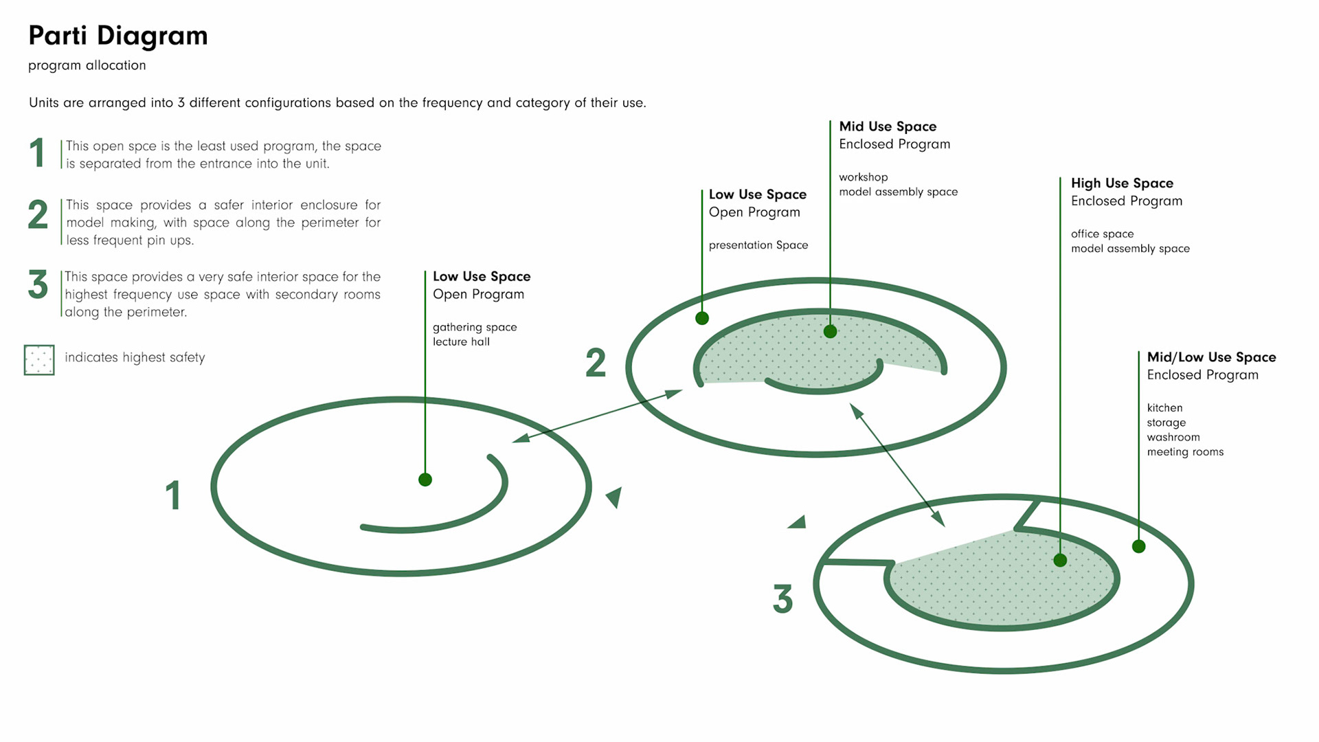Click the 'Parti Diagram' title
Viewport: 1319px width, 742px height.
click(x=117, y=36)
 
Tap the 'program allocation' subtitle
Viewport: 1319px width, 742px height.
click(x=87, y=65)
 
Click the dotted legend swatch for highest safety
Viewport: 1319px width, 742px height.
click(x=39, y=359)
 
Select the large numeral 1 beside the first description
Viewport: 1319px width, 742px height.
click(x=38, y=153)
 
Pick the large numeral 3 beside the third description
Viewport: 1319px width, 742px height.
click(x=38, y=284)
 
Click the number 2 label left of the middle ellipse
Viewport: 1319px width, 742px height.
click(x=596, y=363)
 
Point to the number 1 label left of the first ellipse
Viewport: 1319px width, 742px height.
click(x=173, y=495)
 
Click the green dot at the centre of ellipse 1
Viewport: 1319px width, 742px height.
click(x=425, y=480)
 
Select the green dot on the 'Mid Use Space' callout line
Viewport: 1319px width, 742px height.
click(x=830, y=331)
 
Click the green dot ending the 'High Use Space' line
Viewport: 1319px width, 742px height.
click(x=1060, y=560)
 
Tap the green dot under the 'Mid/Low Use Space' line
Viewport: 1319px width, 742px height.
click(x=1138, y=546)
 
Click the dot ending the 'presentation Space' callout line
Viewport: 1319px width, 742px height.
click(x=701, y=318)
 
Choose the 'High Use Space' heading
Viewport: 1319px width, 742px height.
click(x=1122, y=183)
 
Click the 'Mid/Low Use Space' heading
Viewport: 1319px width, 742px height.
click(x=1211, y=357)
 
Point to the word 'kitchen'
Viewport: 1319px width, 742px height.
click(x=1164, y=407)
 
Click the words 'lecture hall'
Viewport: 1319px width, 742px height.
click(x=461, y=341)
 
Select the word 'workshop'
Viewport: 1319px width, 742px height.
click(x=863, y=177)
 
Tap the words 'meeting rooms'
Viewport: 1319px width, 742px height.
click(x=1185, y=452)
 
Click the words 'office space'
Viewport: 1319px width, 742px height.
click(x=1102, y=234)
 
